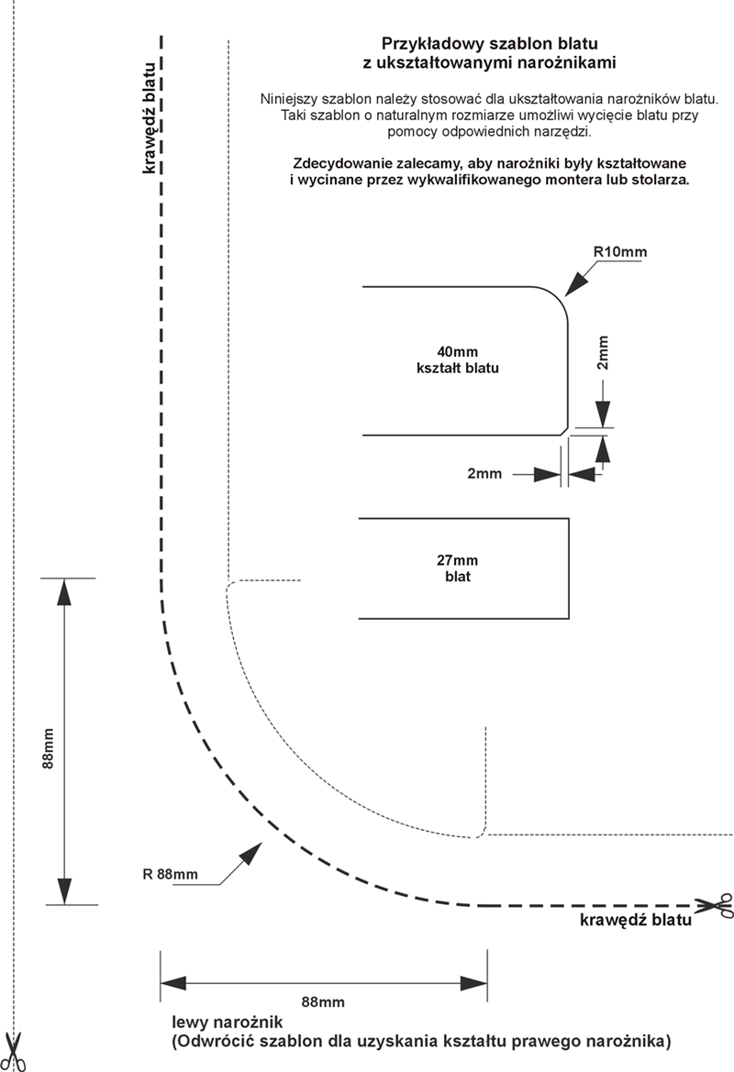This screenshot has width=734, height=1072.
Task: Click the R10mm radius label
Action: tap(619, 252)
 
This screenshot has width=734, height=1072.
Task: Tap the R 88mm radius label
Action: tap(171, 874)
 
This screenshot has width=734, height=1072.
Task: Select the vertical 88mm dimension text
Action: tap(48, 748)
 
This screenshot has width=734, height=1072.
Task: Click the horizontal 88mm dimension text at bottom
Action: tap(323, 1002)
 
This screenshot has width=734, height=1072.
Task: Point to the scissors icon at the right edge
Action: tap(714, 907)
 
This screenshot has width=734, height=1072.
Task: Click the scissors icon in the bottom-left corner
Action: tap(15, 1051)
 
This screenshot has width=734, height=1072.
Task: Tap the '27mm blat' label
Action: tap(458, 569)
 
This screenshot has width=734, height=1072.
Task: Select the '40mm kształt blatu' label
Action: tap(458, 360)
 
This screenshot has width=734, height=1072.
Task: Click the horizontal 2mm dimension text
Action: tap(484, 473)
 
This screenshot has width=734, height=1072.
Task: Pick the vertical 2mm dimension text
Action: tap(603, 353)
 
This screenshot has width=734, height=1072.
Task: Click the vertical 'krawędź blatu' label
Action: tap(148, 116)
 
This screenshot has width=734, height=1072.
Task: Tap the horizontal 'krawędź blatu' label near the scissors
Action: tap(636, 920)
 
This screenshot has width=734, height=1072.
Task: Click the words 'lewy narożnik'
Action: tap(227, 1022)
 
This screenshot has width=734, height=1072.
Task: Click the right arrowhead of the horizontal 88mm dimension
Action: tap(473, 984)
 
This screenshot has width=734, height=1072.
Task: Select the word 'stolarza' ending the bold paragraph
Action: tap(660, 181)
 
